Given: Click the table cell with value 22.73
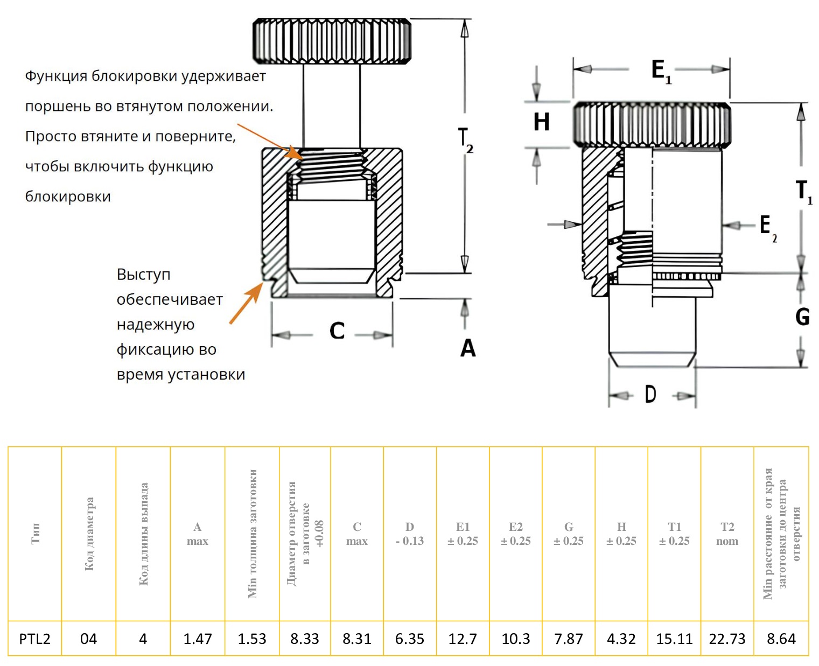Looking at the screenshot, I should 727,639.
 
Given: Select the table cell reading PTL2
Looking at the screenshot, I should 34,639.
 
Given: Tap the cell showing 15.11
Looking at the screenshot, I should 674,639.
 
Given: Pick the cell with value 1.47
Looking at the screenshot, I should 197,639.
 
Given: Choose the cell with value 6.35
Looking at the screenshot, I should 409,639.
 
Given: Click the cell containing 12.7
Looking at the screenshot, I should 463,639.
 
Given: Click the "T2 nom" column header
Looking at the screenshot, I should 727,534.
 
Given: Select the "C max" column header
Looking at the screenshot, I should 356,534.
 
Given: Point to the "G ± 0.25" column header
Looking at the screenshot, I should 569,534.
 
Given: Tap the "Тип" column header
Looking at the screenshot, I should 35,534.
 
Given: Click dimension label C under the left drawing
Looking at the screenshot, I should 337,331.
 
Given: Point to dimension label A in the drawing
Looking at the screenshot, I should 468,348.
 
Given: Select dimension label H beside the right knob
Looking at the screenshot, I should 541,122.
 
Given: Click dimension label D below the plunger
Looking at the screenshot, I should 650,395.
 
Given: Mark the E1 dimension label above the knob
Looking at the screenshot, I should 661,71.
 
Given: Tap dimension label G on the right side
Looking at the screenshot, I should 802,317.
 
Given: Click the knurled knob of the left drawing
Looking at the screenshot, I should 332,41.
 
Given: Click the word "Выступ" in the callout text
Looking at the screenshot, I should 143,275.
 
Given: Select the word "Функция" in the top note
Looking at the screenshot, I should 55,76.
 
